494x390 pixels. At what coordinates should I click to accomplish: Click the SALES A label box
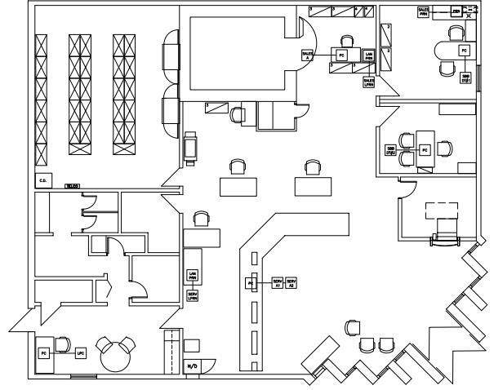pos(307,54)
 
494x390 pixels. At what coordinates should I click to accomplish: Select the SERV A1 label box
pos(278,282)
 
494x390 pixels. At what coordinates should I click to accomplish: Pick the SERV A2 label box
pos(292,282)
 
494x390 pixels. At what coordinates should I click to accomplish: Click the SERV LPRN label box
pos(193,296)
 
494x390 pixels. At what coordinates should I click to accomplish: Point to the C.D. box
pos(42,179)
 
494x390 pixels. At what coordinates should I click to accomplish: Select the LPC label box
pos(80,353)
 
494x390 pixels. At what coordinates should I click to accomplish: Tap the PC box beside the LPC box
pos(43,353)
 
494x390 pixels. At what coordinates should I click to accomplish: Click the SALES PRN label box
pos(423,11)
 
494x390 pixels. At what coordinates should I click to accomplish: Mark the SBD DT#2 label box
pos(391,150)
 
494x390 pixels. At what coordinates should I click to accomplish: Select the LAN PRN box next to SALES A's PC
pos(368,55)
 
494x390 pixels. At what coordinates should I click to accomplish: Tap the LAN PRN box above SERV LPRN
pos(193,275)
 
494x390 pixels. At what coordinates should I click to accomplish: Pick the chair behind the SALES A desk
pos(348,41)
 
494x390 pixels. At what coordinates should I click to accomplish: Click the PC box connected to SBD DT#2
pos(425,150)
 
